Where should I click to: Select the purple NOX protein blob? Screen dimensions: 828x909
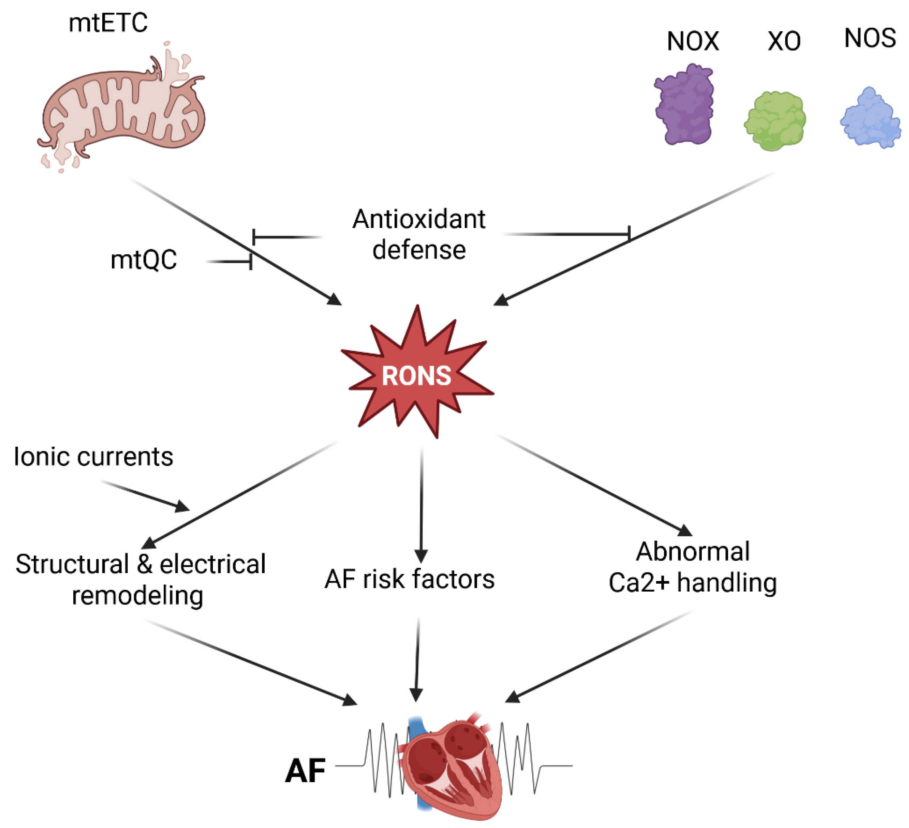click(x=684, y=105)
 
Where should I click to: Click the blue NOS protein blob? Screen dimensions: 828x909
click(x=870, y=118)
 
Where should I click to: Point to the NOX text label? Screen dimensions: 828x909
click(x=693, y=41)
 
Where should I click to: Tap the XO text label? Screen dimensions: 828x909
click(x=784, y=41)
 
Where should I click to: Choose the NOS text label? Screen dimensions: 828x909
click(x=870, y=38)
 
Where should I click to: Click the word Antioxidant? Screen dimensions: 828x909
click(x=419, y=220)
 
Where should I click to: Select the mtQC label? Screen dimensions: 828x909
click(x=143, y=260)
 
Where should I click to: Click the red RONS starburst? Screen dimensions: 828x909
click(x=417, y=374)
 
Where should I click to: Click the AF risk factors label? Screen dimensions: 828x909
click(x=409, y=579)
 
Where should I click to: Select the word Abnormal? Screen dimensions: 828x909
click(x=693, y=551)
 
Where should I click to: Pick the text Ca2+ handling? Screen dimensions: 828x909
click(x=693, y=583)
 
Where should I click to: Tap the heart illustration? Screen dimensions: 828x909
click(x=451, y=767)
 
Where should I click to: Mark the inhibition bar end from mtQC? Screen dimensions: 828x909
click(x=251, y=261)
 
